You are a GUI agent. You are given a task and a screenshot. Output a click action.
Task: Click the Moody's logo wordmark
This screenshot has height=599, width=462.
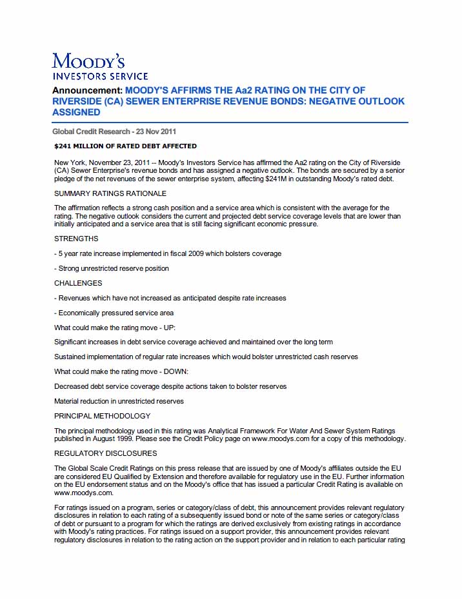coord(88,61)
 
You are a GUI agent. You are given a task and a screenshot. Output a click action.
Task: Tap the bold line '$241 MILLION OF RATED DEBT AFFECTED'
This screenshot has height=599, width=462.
coord(126,146)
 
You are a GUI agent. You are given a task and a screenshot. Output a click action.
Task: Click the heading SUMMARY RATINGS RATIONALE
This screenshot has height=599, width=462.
coord(110,193)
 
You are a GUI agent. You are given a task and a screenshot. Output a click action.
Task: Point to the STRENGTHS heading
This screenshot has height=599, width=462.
coord(76,239)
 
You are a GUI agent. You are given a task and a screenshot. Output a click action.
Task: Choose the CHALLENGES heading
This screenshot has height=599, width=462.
coord(78,283)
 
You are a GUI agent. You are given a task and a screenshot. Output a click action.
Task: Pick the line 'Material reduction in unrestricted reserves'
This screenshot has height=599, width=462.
coord(119,401)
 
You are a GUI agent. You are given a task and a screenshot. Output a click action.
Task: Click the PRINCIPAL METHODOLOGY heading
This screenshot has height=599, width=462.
coord(102,416)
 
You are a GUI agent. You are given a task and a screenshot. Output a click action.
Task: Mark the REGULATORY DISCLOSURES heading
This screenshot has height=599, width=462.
coord(105,453)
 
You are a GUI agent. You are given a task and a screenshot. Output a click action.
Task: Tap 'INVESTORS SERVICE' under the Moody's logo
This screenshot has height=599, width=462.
coord(100,76)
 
